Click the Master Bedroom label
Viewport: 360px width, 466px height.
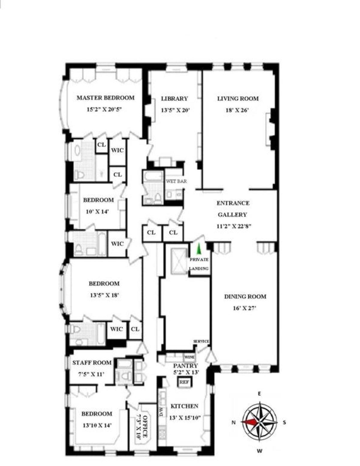pos(106,98)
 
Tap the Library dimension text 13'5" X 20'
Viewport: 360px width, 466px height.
pos(175,110)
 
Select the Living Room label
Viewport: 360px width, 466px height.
pos(238,99)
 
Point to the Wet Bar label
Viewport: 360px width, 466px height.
pos(176,181)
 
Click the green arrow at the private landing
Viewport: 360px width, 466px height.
pos(199,249)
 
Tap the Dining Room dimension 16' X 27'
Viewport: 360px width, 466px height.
pos(245,308)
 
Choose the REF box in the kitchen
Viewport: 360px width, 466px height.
pos(184,382)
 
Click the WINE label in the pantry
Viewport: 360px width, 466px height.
pos(189,357)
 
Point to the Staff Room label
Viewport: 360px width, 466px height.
pos(92,363)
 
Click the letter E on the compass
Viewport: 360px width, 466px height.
pos(259,393)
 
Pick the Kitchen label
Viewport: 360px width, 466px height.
pos(184,406)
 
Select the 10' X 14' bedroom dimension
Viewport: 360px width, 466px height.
pos(97,212)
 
